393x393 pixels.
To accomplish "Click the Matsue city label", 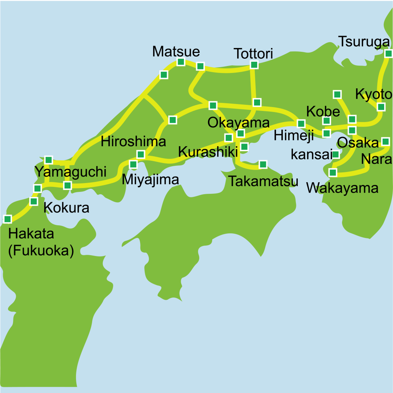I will pyautogui.click(x=176, y=51).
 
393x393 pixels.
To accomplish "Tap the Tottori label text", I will pyautogui.click(x=253, y=54).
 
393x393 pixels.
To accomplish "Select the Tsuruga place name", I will pyautogui.click(x=364, y=41).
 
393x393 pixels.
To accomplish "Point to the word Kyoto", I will pyautogui.click(x=373, y=94).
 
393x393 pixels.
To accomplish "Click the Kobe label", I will pyautogui.click(x=323, y=111).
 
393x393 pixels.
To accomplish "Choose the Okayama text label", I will pyautogui.click(x=238, y=123).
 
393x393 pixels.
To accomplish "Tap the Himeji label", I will pyautogui.click(x=294, y=135).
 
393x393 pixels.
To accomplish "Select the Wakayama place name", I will pyautogui.click(x=342, y=188).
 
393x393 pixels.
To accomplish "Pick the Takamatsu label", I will pyautogui.click(x=263, y=181).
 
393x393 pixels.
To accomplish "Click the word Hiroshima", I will pyautogui.click(x=133, y=141).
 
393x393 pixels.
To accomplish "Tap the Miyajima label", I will pyautogui.click(x=150, y=179).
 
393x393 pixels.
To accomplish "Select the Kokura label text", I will pyautogui.click(x=66, y=208).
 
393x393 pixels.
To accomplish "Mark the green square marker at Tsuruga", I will pyautogui.click(x=388, y=53).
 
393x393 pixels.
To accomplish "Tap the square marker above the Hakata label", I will pyautogui.click(x=7, y=219).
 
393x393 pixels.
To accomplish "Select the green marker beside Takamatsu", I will pyautogui.click(x=263, y=164).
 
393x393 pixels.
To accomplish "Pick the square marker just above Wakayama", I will pyautogui.click(x=333, y=172).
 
